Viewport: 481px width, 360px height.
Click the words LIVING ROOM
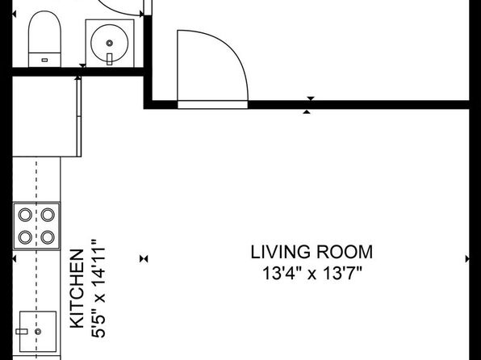(x=312, y=253)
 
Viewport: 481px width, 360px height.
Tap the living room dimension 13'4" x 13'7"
(x=312, y=273)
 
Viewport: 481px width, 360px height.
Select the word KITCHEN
(x=77, y=288)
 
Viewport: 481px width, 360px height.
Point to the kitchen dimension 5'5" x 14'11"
(x=98, y=289)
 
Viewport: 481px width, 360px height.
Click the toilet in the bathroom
(x=44, y=39)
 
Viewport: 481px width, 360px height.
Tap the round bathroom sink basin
(x=110, y=43)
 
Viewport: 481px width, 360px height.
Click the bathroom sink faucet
(x=110, y=59)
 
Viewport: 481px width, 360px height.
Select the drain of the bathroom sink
(x=110, y=43)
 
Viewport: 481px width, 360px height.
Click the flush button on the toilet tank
(x=44, y=61)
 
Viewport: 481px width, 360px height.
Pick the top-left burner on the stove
(x=25, y=215)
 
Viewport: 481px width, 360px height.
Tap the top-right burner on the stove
(x=48, y=215)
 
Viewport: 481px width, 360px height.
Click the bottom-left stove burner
(x=25, y=237)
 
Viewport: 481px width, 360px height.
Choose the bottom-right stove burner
(x=48, y=237)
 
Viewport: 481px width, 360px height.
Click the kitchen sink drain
(x=38, y=332)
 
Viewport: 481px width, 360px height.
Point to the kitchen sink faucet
(x=22, y=332)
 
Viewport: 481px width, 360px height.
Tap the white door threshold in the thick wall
(x=212, y=105)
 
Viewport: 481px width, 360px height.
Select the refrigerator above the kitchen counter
(x=47, y=116)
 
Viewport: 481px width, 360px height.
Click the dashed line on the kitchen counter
(x=36, y=258)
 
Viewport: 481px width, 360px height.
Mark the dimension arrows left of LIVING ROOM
(x=144, y=259)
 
